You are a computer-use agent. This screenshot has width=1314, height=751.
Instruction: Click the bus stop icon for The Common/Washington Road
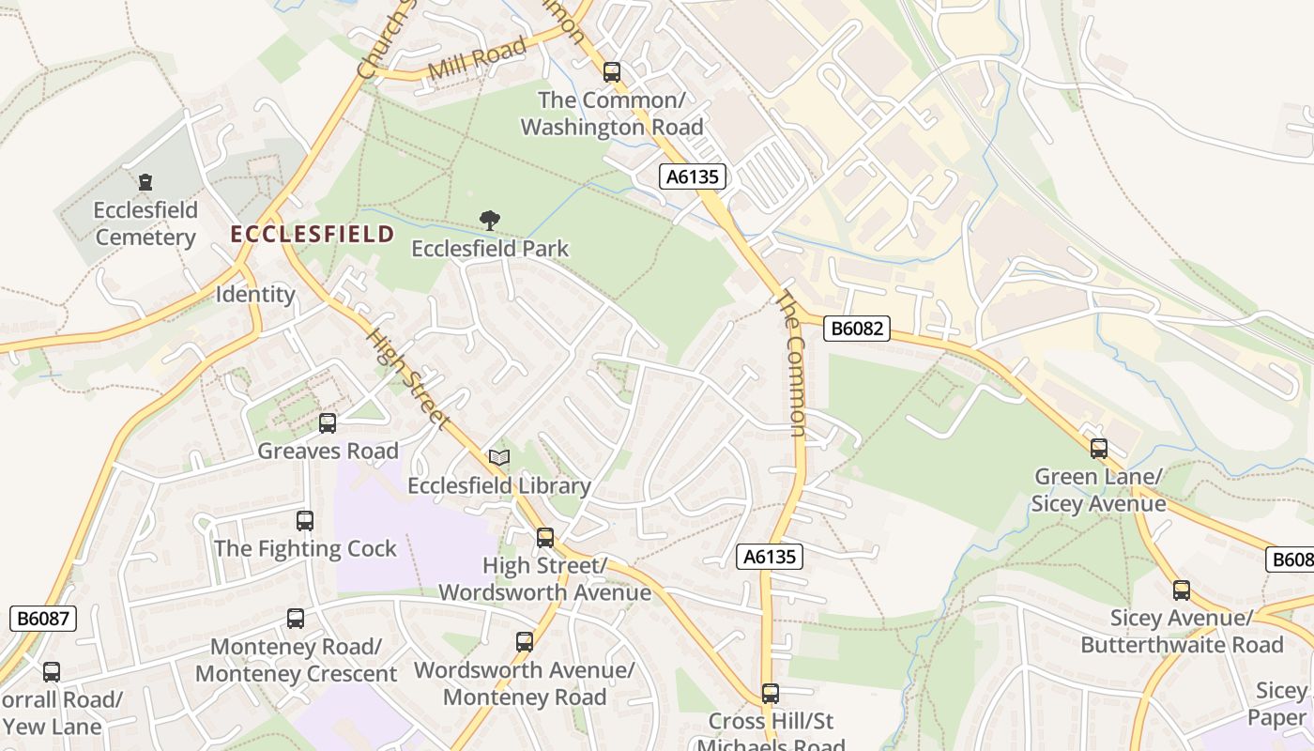pyautogui.click(x=612, y=71)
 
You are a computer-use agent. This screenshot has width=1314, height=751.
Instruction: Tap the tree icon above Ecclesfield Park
pyautogui.click(x=489, y=221)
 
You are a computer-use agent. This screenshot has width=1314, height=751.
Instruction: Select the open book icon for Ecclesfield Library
pyautogui.click(x=499, y=457)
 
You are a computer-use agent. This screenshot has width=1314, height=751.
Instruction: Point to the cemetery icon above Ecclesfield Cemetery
pyautogui.click(x=145, y=181)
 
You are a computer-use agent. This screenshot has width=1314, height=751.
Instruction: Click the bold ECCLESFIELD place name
pyautogui.click(x=313, y=234)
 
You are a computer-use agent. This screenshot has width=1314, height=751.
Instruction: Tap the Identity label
pyautogui.click(x=255, y=294)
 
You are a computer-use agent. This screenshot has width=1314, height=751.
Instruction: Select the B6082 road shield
pyautogui.click(x=856, y=329)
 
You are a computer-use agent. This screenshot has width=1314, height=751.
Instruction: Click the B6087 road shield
pyautogui.click(x=42, y=618)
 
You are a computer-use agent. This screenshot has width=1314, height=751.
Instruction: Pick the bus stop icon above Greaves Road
pyautogui.click(x=328, y=423)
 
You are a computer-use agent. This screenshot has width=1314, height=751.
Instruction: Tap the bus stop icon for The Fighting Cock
pyautogui.click(x=305, y=521)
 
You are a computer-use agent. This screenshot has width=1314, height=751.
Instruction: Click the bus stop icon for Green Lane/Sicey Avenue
pyautogui.click(x=1099, y=449)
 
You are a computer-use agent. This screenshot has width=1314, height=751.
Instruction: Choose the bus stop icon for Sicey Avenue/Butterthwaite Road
pyautogui.click(x=1182, y=590)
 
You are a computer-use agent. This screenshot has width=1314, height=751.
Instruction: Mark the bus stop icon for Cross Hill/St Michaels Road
pyautogui.click(x=770, y=694)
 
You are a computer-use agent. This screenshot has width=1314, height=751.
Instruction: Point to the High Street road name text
pyautogui.click(x=406, y=378)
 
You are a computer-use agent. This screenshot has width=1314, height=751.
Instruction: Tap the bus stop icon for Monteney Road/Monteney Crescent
pyautogui.click(x=296, y=619)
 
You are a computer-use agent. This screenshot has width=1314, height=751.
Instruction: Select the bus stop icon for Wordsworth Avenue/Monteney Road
pyautogui.click(x=525, y=642)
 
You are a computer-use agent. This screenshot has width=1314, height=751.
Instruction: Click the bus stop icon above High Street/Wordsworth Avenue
pyautogui.click(x=545, y=538)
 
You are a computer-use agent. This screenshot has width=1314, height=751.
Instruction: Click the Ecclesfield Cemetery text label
pyautogui.click(x=145, y=222)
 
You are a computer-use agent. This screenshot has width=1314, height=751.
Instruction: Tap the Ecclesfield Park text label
pyautogui.click(x=490, y=249)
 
